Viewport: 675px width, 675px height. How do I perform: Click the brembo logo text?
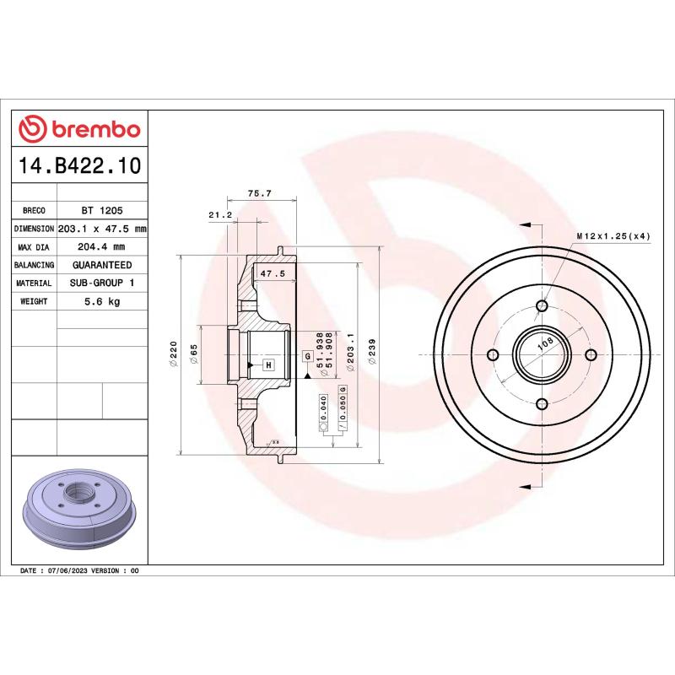[x=91, y=129]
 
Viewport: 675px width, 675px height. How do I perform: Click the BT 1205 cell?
[x=101, y=211]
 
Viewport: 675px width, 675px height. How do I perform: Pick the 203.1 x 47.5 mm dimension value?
[x=101, y=229]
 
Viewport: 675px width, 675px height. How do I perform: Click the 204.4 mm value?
[x=101, y=247]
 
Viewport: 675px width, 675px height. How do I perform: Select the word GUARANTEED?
[x=101, y=265]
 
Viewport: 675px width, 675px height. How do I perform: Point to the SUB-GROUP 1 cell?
[x=101, y=283]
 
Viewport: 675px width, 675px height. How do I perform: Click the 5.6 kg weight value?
[x=101, y=301]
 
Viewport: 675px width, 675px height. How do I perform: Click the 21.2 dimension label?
[x=219, y=215]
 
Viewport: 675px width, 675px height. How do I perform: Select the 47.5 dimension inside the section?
[x=272, y=274]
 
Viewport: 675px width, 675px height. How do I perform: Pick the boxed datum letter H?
[x=268, y=364]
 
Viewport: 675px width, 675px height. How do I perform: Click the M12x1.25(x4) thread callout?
[x=613, y=236]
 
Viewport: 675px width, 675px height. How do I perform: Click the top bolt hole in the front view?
[x=543, y=305]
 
